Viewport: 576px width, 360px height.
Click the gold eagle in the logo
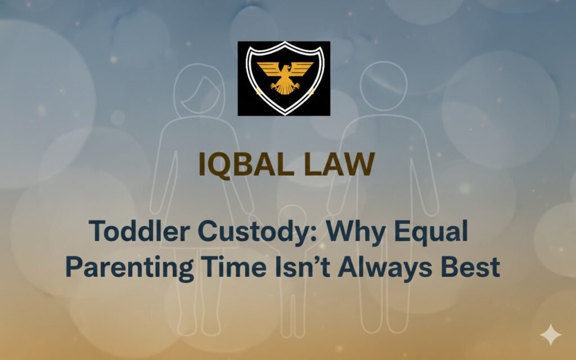pyautogui.click(x=284, y=76)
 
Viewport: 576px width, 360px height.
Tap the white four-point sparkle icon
pyautogui.click(x=550, y=335)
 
